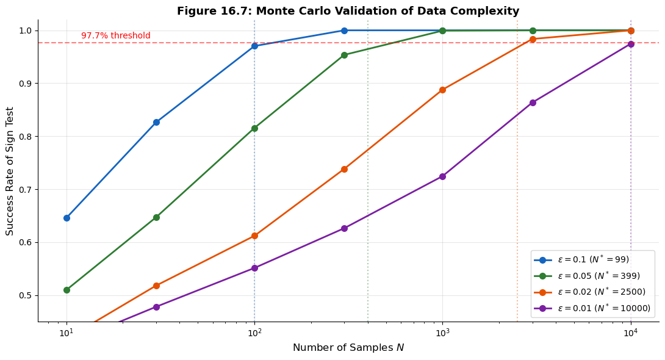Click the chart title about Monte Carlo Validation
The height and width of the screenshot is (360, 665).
point(348,11)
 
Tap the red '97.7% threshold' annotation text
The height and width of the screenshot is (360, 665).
point(115,36)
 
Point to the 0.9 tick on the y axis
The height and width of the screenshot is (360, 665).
point(27,84)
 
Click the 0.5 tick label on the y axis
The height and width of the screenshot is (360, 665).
point(27,295)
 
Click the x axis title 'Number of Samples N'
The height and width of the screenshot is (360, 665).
point(348,348)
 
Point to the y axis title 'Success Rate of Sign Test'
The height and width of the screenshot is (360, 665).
point(10,171)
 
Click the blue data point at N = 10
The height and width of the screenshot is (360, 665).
point(66,218)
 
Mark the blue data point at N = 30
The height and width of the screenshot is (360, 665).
point(156,122)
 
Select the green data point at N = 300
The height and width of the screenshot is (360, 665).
point(344,55)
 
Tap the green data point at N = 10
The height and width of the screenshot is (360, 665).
point(66,290)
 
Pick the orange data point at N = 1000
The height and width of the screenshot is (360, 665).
point(442,90)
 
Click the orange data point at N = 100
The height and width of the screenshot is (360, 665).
point(254,236)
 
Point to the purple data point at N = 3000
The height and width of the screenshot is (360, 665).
point(533,103)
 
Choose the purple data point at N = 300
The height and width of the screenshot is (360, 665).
point(344,228)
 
